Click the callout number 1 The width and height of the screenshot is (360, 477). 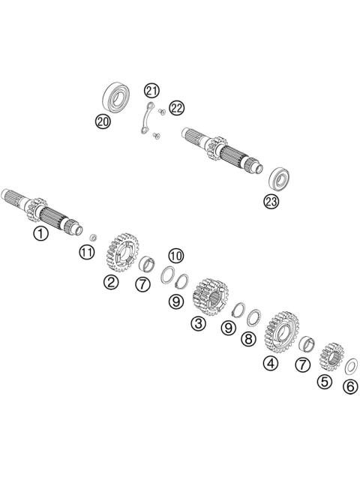[40, 233]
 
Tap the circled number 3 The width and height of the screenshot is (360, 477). [198, 323]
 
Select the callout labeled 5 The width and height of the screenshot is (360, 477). [325, 380]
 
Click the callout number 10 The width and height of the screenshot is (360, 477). [175, 255]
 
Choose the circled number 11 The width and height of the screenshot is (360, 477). [88, 251]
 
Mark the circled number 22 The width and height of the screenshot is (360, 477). [176, 109]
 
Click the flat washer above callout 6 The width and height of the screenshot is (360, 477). [349, 367]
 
